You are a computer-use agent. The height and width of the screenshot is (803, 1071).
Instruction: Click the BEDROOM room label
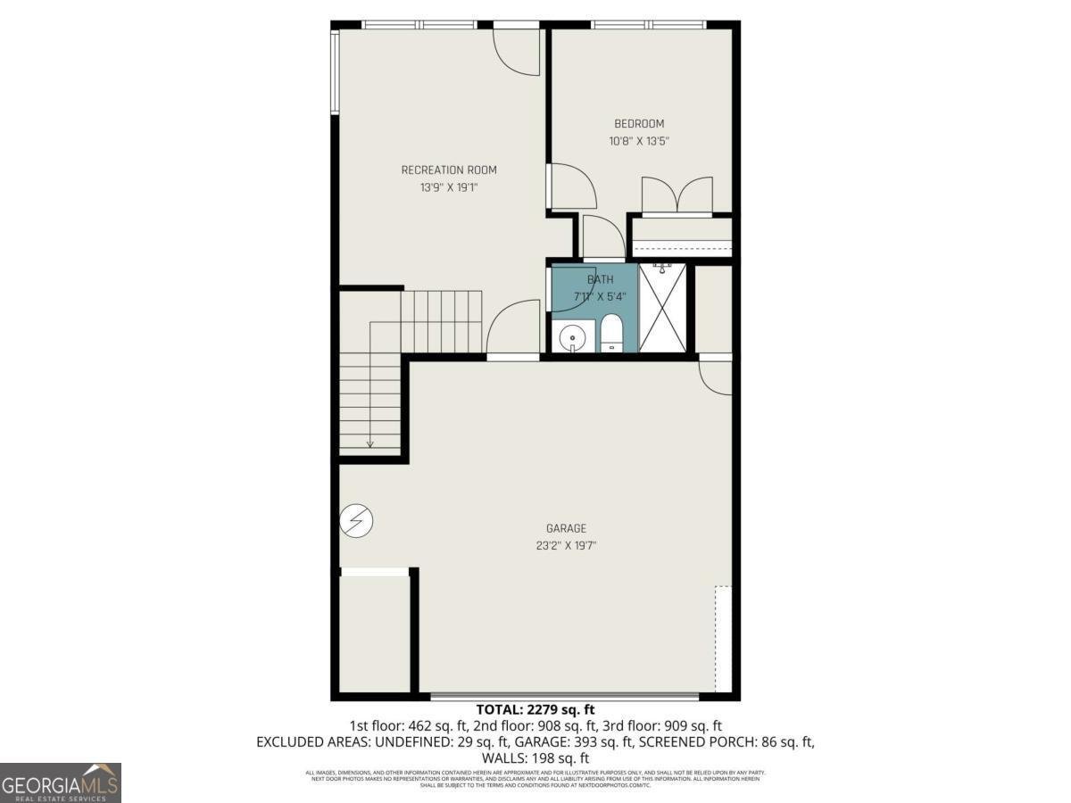(639, 124)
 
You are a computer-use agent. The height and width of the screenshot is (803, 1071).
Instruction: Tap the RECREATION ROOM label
(449, 170)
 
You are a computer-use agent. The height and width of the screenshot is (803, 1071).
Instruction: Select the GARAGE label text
(567, 528)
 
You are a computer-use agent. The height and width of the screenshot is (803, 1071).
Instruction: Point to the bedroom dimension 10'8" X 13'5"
(639, 141)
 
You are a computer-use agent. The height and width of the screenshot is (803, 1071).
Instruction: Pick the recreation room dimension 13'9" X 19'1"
(449, 187)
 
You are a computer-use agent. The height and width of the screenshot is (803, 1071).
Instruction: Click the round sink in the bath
(572, 337)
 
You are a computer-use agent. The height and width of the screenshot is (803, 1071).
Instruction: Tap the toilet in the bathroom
(611, 335)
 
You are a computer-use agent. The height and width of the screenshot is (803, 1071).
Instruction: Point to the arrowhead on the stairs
(369, 443)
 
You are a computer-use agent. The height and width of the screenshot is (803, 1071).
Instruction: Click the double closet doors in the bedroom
(678, 196)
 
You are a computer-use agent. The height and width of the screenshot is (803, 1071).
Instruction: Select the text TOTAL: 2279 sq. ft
(535, 710)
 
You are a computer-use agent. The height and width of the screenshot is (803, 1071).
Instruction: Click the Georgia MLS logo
(61, 782)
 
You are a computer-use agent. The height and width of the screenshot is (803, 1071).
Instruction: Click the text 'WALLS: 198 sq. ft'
(535, 758)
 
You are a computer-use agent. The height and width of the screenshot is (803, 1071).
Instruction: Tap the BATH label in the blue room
(600, 280)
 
